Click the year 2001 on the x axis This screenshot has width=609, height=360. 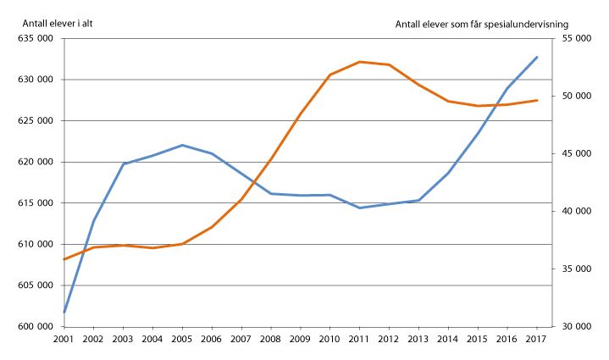coord(64,339)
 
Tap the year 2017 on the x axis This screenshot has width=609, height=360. coord(537,339)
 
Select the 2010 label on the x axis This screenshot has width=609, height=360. coord(330,339)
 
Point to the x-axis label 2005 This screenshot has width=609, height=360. coord(182,339)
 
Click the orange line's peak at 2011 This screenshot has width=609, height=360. coord(360,62)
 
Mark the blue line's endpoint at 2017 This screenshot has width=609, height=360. coord(537,57)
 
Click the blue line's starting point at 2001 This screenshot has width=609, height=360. coord(64,313)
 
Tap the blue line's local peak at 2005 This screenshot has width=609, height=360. coord(182,145)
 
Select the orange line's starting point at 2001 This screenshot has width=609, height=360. coord(64,259)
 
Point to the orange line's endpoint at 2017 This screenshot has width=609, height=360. coord(537,100)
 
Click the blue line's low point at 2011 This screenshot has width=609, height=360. coord(360,208)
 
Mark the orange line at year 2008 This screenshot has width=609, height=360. coord(271,158)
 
